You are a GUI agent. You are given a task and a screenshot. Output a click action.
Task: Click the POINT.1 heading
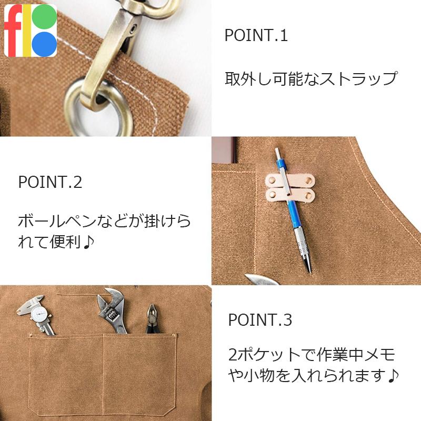(256, 36)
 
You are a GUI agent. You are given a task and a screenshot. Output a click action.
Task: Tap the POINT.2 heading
(50, 183)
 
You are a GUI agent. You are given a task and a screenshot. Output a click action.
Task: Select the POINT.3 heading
(260, 319)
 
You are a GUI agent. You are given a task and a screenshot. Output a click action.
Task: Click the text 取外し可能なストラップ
(310, 79)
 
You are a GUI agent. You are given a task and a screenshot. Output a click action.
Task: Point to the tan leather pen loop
(290, 188)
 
